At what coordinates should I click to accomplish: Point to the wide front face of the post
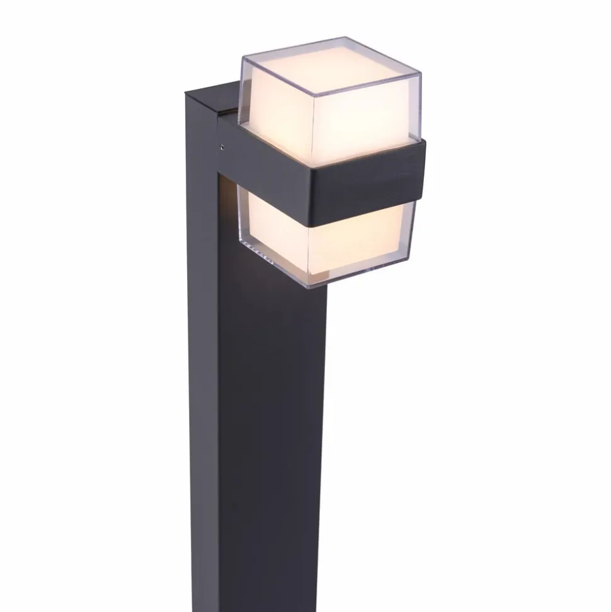tap(271, 410)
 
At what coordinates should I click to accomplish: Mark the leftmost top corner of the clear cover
tap(243, 58)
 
